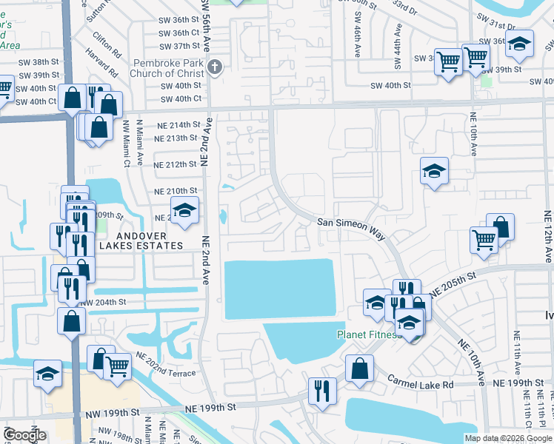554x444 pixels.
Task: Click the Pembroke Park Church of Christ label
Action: [x=167, y=68]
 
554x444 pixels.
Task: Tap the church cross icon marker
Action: [x=215, y=68]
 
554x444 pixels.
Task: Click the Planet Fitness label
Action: [x=368, y=334]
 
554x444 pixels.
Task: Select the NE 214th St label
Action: [x=178, y=124]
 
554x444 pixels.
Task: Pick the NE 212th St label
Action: [x=176, y=164]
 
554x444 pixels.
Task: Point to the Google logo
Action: [x=24, y=434]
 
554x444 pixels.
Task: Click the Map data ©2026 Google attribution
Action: [x=507, y=438]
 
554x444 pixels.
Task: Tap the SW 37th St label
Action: [x=176, y=46]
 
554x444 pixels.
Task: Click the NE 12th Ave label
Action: [x=549, y=237]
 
